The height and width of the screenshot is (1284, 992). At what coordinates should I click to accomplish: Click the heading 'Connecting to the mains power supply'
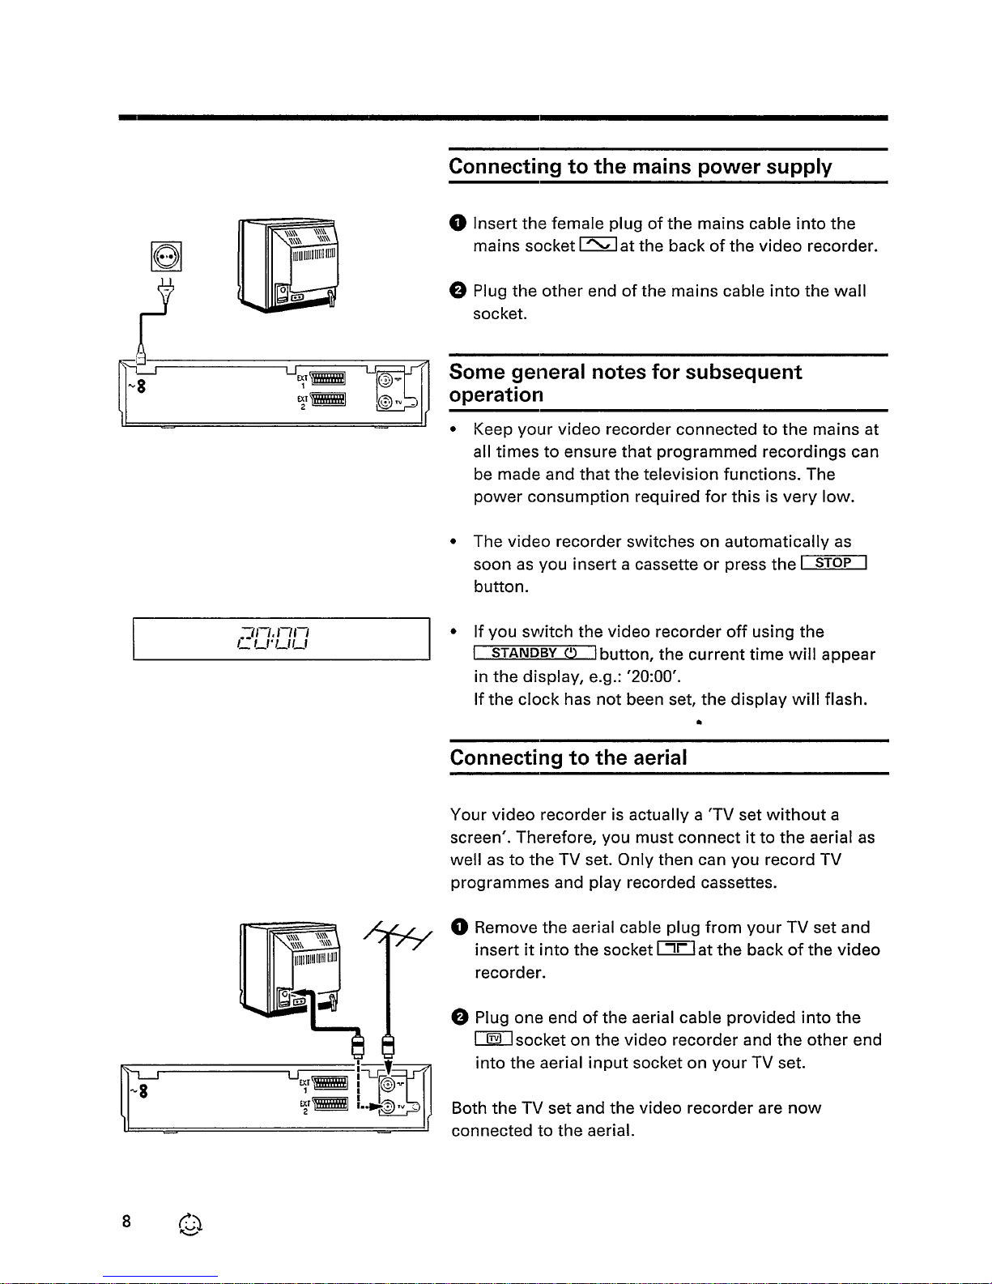640,167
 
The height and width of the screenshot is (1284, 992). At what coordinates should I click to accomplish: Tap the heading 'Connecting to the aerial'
568,758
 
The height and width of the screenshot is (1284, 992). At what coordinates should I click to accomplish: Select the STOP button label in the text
833,563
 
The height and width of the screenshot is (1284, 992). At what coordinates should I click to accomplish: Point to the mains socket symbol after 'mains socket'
598,245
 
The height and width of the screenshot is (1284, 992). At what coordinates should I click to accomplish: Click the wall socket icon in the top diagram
166,258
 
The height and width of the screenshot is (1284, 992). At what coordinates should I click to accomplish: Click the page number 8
126,1222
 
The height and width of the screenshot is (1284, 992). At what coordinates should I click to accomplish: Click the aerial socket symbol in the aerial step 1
675,949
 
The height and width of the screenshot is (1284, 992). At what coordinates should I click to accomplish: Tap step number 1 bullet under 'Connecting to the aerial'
459,928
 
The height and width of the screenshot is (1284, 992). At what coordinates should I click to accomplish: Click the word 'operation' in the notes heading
496,395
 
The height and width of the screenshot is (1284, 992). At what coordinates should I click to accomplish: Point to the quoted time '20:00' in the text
665,676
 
